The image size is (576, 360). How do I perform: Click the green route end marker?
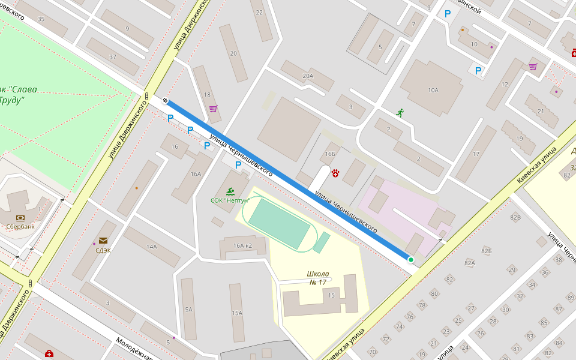pos(411,260)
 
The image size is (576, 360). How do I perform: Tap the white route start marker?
pos(165,101)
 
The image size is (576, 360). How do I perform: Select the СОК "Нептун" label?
pos(230,200)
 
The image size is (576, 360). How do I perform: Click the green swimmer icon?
pos(230,191)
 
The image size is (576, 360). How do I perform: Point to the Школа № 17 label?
pos(318,278)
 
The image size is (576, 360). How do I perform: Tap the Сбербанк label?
pos(20,227)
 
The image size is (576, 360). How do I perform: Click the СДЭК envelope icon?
pos(103,241)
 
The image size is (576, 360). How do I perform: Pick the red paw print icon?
pos(335,173)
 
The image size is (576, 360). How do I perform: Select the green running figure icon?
pos(400,112)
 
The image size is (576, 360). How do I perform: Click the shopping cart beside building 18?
pos(213,109)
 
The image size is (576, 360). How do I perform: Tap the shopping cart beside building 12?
pos(533,67)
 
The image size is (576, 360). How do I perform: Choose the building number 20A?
pos(308,76)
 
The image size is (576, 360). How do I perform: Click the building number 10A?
pos(433,90)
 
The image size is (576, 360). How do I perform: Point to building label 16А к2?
pos(243,245)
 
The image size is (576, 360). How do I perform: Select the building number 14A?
pos(151,247)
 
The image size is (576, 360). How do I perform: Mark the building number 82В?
pos(515,217)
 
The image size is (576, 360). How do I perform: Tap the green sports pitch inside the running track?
pos(278,224)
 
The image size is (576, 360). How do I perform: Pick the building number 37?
pos(113,56)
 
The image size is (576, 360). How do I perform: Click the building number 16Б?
pos(330,154)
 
